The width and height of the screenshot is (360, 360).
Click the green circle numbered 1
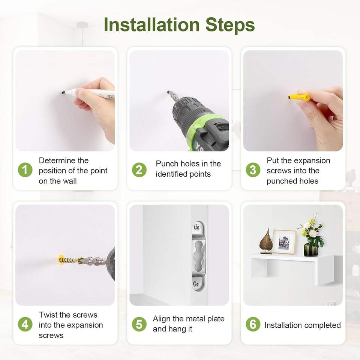tap(25, 170)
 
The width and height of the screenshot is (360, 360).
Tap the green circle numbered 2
tap(139, 170)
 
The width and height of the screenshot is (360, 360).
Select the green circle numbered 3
tap(253, 170)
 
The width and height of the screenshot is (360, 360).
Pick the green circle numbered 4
tap(25, 324)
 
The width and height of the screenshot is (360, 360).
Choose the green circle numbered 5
tap(139, 324)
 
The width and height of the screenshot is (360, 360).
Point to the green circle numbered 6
tap(253, 324)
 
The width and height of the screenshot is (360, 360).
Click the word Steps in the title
tap(230, 25)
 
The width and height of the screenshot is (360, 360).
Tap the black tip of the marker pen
tap(63, 93)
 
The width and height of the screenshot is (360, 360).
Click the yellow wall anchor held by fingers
tap(299, 97)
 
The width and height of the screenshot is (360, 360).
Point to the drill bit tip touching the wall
tap(169, 93)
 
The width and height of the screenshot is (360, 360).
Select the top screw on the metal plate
tap(197, 228)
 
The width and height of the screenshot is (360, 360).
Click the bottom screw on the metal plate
tap(196, 284)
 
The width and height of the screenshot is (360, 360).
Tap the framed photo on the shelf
tap(284, 242)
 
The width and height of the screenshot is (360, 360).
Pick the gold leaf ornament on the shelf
tap(266, 241)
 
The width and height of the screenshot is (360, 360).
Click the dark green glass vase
tap(311, 250)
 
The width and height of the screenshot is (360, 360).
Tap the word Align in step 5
tap(162, 319)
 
